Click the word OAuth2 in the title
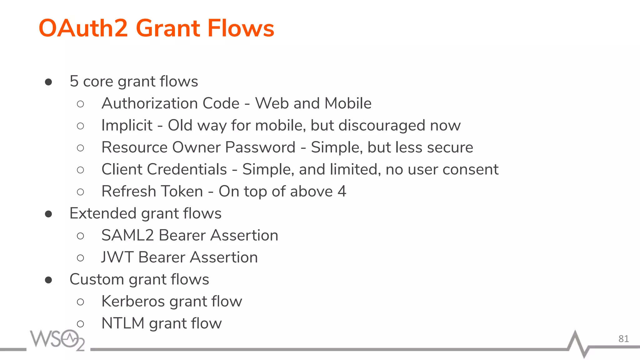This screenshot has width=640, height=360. (83, 28)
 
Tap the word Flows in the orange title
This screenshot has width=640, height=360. (241, 28)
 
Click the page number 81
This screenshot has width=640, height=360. (623, 339)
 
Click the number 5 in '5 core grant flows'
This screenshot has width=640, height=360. (74, 81)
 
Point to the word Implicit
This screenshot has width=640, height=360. (127, 126)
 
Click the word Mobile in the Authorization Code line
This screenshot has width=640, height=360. (348, 103)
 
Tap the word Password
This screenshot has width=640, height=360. (260, 147)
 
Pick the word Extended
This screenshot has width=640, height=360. (103, 213)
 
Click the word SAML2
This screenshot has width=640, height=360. (127, 235)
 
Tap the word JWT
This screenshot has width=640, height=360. (117, 257)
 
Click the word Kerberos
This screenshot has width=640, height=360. (133, 302)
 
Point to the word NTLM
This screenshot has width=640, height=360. (123, 323)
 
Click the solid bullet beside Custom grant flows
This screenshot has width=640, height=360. (48, 280)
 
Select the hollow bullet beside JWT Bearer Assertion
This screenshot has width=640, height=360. (80, 258)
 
